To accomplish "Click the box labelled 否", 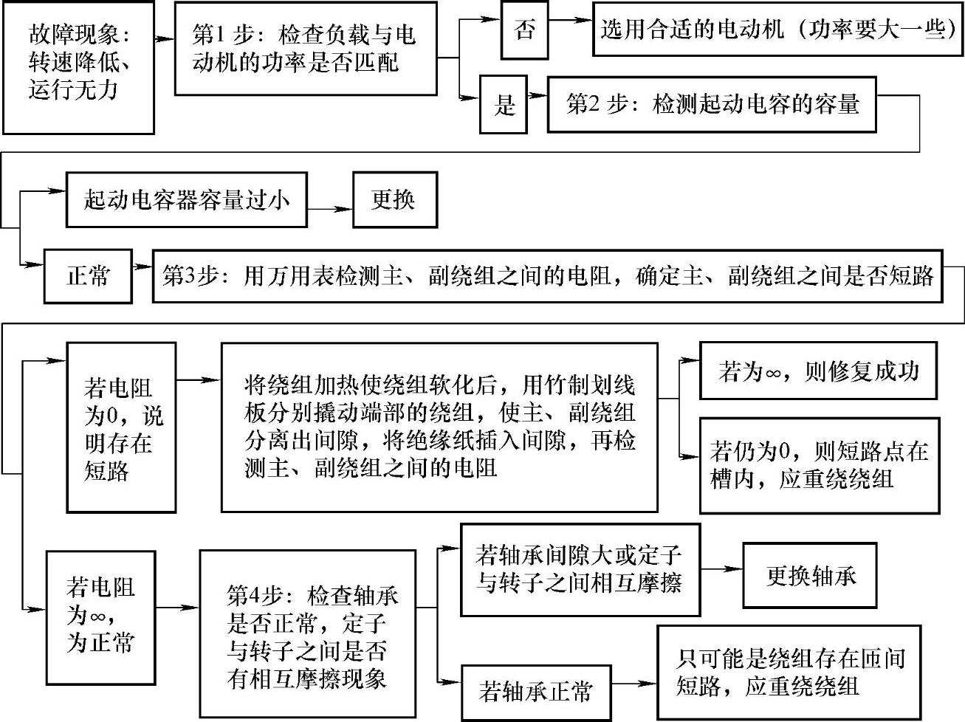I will click(524, 31).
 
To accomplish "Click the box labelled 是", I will click(504, 104).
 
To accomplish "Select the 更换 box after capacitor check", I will click(394, 199).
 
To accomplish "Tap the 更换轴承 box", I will click(810, 576).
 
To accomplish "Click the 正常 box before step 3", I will click(88, 276).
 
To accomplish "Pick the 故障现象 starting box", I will click(79, 66).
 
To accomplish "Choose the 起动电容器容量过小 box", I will click(186, 199).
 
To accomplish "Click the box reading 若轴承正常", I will click(535, 692).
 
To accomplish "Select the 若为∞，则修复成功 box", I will click(817, 371).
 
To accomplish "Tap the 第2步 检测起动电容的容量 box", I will click(712, 104).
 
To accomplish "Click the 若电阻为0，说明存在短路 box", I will click(121, 427).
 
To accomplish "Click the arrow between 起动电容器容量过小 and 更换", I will click(329, 208).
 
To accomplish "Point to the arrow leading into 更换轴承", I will click(721, 569).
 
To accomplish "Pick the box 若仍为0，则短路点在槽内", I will click(820, 465).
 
